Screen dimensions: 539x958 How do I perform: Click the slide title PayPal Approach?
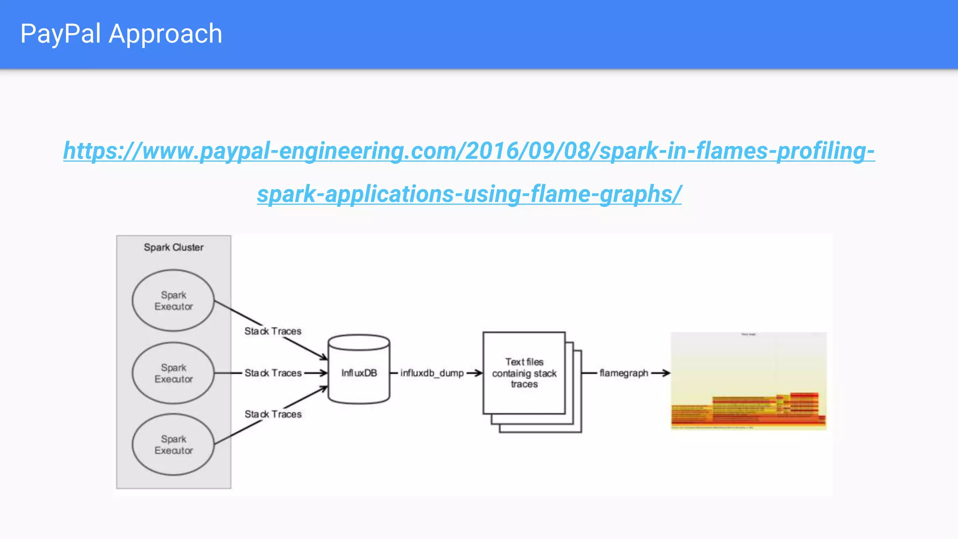tap(121, 34)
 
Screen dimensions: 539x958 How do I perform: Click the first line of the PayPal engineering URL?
tap(469, 151)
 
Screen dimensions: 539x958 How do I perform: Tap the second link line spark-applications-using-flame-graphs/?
tap(469, 194)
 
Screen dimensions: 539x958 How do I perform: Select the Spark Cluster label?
tap(174, 247)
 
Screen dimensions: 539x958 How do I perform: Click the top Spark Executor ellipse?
tap(173, 300)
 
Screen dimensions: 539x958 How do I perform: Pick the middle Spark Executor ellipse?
tap(173, 373)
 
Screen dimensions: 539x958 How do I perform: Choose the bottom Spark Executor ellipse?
tap(173, 444)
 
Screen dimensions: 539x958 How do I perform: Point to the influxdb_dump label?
tap(432, 373)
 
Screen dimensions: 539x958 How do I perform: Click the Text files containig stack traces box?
tap(524, 373)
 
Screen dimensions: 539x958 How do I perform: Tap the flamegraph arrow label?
tap(624, 373)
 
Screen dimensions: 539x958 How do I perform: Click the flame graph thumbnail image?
tap(748, 381)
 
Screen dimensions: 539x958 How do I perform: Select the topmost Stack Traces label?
tap(273, 331)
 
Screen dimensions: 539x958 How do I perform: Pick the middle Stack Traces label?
tap(273, 373)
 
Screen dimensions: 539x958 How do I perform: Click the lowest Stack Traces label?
tap(273, 414)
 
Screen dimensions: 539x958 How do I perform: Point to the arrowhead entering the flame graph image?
tap(667, 373)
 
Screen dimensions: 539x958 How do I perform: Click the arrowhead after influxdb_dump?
tap(479, 373)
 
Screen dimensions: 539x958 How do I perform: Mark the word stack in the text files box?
tap(545, 373)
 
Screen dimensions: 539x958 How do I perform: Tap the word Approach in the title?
tap(165, 34)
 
